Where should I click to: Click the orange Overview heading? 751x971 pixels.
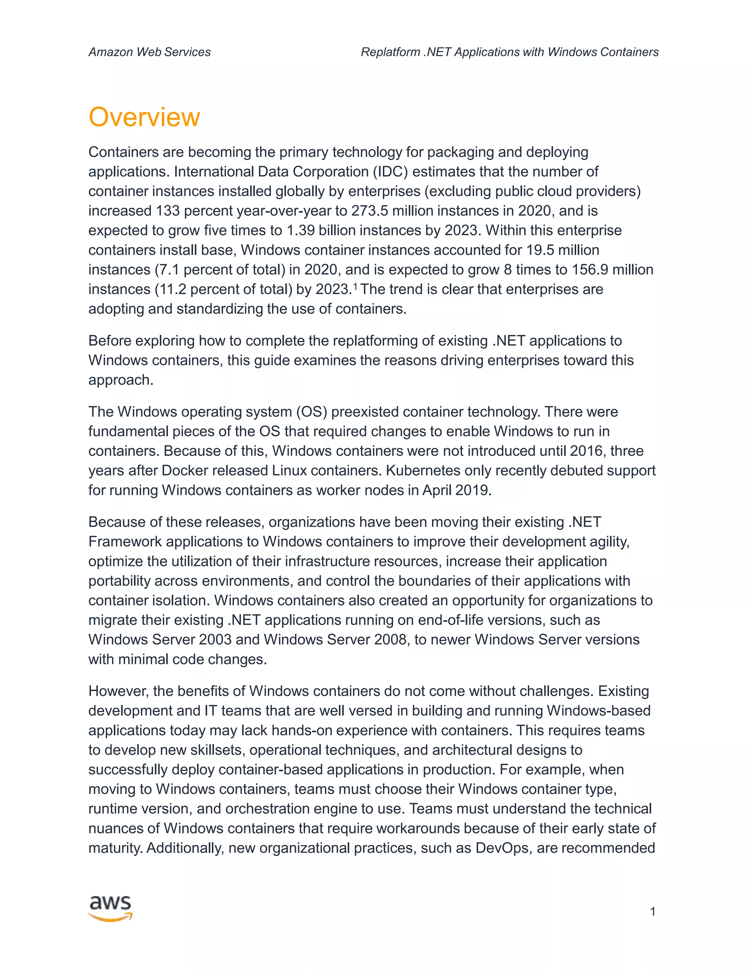click(x=144, y=117)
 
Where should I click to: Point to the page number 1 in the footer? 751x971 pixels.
click(x=652, y=912)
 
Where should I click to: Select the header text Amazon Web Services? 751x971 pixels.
click(x=150, y=52)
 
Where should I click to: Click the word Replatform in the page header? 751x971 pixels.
click(x=390, y=52)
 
